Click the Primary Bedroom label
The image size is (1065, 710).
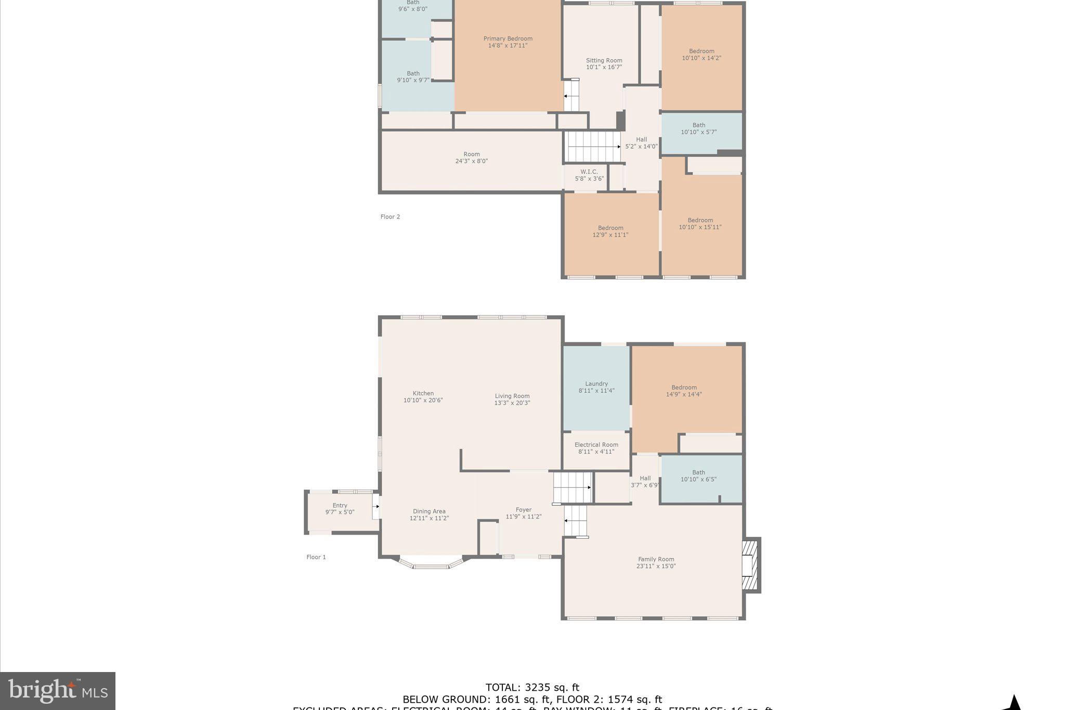pos(508,42)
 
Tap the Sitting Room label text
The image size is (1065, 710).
pos(604,63)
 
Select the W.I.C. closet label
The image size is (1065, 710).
pos(589,175)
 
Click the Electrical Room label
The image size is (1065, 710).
pos(596,448)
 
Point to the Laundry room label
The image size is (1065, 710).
pos(596,387)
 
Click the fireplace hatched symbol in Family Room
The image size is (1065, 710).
pos(749,565)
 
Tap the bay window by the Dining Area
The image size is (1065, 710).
pos(431,565)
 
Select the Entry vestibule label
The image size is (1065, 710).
pos(340,508)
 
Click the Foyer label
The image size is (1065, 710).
pos(524,513)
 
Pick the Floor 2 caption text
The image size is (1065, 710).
pos(390,217)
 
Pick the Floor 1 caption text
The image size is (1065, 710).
pos(316,557)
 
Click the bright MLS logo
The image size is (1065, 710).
pos(58,691)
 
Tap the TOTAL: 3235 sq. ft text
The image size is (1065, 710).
pos(532,688)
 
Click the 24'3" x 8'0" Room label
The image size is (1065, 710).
pos(471,158)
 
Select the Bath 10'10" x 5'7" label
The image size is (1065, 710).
pos(698,128)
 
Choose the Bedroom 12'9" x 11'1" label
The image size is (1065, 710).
pos(611,231)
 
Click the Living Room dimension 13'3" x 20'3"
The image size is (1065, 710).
pos(512,403)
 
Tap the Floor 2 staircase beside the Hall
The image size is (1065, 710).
pos(593,146)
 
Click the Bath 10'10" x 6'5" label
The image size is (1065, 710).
pos(698,476)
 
